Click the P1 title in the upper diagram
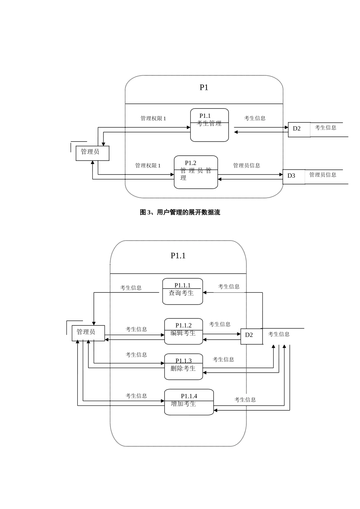[x=204, y=87]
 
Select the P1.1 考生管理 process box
[x=209, y=125]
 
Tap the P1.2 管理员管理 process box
[x=196, y=172]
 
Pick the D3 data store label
[x=291, y=176]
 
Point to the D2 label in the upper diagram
[x=297, y=129]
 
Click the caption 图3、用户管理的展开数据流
[x=180, y=212]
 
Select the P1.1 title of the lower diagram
[x=178, y=256]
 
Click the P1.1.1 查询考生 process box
[x=182, y=292]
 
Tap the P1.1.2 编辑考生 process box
[x=183, y=331]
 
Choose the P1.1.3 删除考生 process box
[x=183, y=367]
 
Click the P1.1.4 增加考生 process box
[x=189, y=402]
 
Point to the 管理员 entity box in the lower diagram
[x=88, y=333]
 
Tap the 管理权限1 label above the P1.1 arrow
[x=153, y=119]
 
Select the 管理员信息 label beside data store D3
[x=323, y=175]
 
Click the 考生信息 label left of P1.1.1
[x=131, y=288]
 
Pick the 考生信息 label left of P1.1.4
[x=136, y=396]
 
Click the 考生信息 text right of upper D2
[x=326, y=128]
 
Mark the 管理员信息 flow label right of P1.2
[x=247, y=166]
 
